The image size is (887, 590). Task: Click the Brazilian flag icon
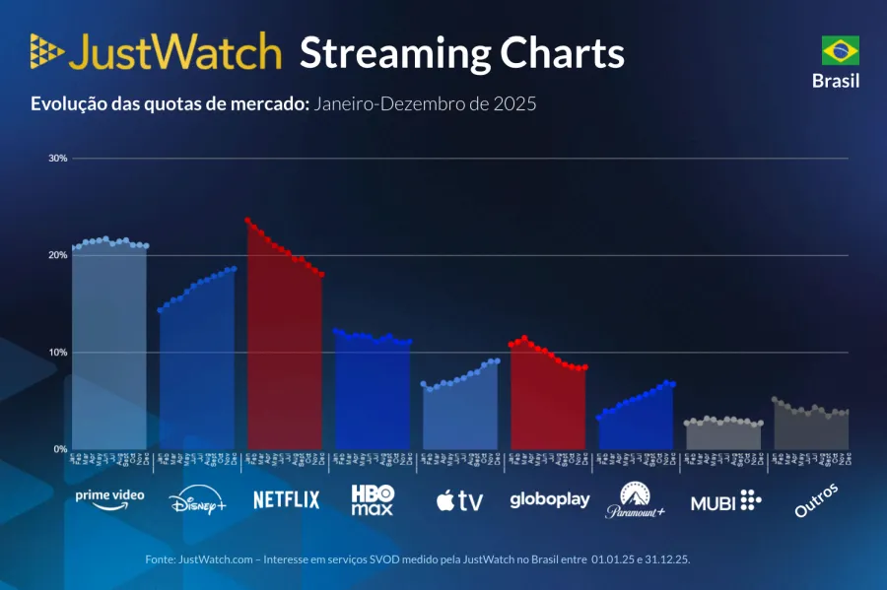click(x=840, y=50)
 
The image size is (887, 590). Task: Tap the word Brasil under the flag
click(x=836, y=81)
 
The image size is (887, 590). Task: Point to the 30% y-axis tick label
click(x=58, y=159)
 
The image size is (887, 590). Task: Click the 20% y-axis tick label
click(x=58, y=255)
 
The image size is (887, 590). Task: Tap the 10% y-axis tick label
click(x=58, y=352)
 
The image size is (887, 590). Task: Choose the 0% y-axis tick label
click(x=60, y=448)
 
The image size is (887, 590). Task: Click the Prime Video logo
click(x=109, y=497)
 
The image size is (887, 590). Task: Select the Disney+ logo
click(x=197, y=499)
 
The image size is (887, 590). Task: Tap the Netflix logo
click(x=286, y=499)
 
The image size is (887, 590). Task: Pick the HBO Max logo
click(x=373, y=499)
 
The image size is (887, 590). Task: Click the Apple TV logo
click(x=459, y=500)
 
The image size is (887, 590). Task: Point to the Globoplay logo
click(x=549, y=499)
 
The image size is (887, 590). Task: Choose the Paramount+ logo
click(x=636, y=499)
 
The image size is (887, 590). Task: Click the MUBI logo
click(x=725, y=500)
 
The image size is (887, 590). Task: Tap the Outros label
click(x=817, y=499)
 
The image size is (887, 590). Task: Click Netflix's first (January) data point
click(x=247, y=221)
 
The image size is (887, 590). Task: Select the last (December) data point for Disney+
click(x=234, y=269)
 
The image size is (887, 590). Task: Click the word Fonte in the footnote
click(x=161, y=558)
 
